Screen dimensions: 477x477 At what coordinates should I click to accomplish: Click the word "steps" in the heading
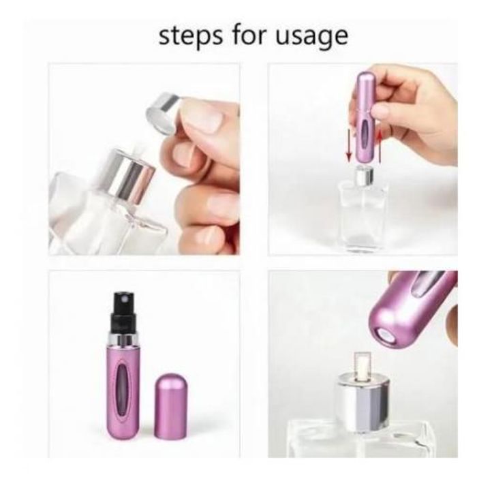[190, 37]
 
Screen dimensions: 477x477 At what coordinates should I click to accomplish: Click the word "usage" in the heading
[311, 37]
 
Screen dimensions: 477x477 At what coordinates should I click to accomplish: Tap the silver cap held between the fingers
[164, 113]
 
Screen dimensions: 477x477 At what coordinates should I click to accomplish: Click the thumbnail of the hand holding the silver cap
[144, 159]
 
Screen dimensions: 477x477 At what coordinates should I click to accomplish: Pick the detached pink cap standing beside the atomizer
[170, 406]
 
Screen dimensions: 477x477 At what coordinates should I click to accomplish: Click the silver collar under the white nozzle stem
[363, 402]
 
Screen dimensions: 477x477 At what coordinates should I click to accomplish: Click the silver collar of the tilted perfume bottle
[129, 176]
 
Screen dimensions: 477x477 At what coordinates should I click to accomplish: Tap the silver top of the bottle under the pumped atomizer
[364, 176]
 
